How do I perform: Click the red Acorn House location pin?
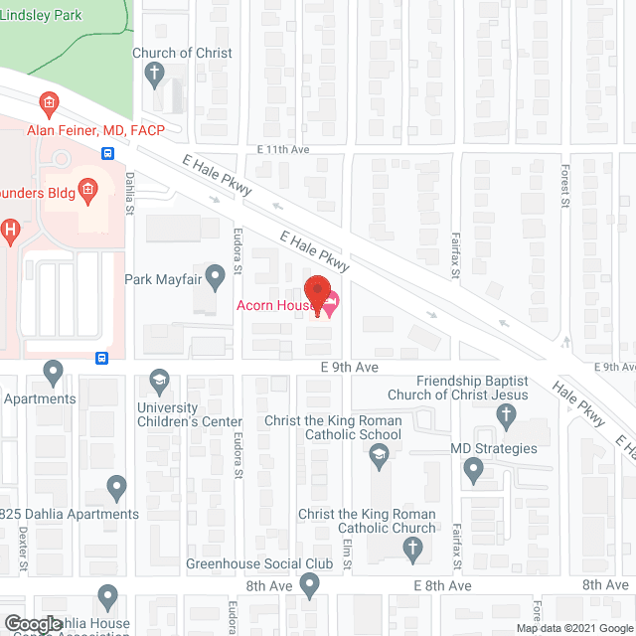317,295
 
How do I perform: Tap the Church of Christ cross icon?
154,73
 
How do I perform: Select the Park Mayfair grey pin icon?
214,273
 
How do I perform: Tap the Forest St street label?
562,189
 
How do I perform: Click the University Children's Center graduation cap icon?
158,381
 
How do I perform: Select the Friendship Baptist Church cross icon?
507,417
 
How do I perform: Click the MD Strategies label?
494,448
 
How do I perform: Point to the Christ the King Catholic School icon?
377,457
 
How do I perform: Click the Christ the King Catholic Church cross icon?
412,549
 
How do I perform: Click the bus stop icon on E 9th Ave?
102,358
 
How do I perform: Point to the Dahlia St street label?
129,194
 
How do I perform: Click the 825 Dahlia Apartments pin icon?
116,488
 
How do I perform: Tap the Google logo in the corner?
33,625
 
